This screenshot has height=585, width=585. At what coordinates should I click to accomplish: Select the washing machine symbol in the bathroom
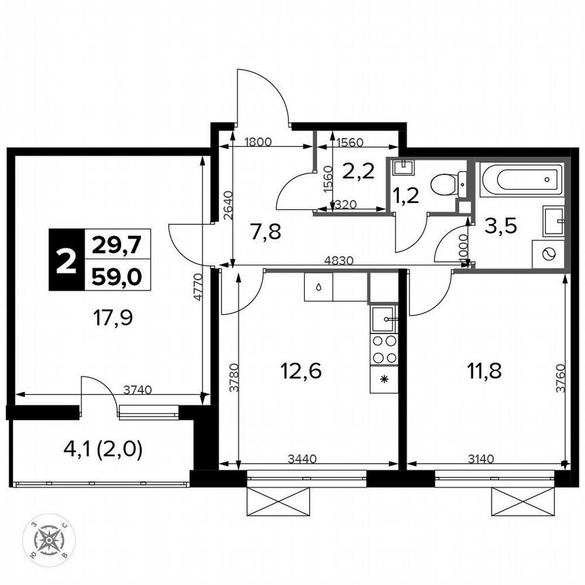point(548,254)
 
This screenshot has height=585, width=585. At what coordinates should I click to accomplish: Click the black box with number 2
point(66,261)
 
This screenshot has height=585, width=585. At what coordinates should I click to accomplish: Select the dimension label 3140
point(481,458)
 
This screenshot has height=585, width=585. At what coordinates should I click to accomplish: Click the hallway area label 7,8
point(265,232)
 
